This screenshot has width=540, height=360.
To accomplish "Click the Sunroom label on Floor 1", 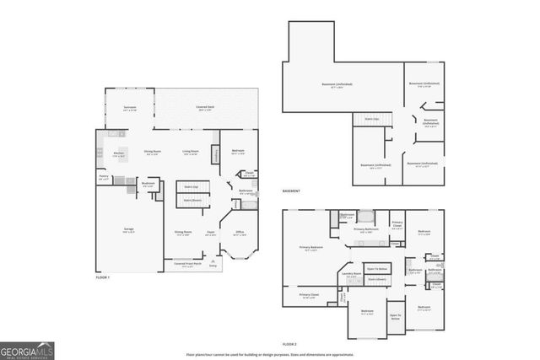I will click(129, 109).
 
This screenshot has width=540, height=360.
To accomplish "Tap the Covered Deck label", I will click(204, 109).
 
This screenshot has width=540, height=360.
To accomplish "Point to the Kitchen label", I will click(120, 153).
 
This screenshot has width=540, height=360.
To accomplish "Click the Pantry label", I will click(104, 177).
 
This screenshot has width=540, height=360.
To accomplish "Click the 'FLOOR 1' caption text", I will click(103, 277).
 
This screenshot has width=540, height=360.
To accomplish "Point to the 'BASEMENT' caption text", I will click(291, 191).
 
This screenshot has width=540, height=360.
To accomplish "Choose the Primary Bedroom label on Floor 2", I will click(311, 248).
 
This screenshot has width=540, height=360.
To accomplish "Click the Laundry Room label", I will click(351, 274).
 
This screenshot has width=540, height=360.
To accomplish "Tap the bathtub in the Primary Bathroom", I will click(364, 216).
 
